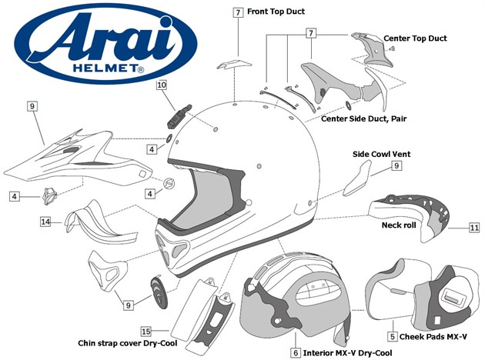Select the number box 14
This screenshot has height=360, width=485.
(46, 222)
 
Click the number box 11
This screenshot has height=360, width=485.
(474, 228)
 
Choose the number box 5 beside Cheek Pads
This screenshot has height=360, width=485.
(393, 336)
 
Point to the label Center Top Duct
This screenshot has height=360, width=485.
(415, 38)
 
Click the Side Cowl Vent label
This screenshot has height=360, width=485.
(381, 154)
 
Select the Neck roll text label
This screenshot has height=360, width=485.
(398, 225)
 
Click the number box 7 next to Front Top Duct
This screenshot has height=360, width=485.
(239, 13)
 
